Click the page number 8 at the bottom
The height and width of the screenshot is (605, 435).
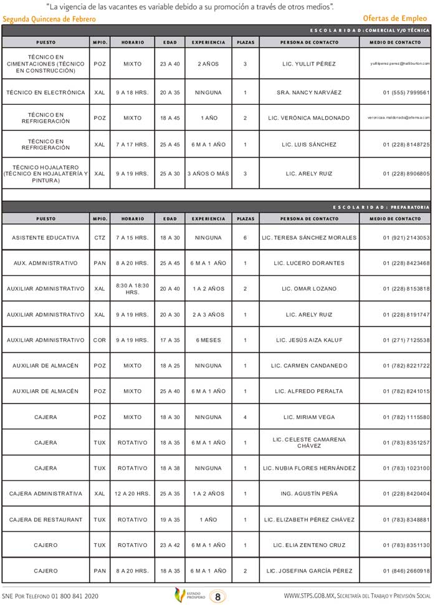[217, 596]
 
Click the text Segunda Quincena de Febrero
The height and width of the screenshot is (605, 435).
[49, 19]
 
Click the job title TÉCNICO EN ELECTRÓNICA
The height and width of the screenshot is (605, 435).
[45, 92]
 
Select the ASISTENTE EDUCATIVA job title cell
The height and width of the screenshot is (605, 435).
[45, 238]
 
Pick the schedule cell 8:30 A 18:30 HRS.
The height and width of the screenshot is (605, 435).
[132, 289]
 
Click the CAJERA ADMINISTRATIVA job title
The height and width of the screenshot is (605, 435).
[45, 493]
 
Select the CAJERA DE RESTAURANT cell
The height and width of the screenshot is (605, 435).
[45, 520]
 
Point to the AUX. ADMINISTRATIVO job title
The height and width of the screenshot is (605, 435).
[45, 263]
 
